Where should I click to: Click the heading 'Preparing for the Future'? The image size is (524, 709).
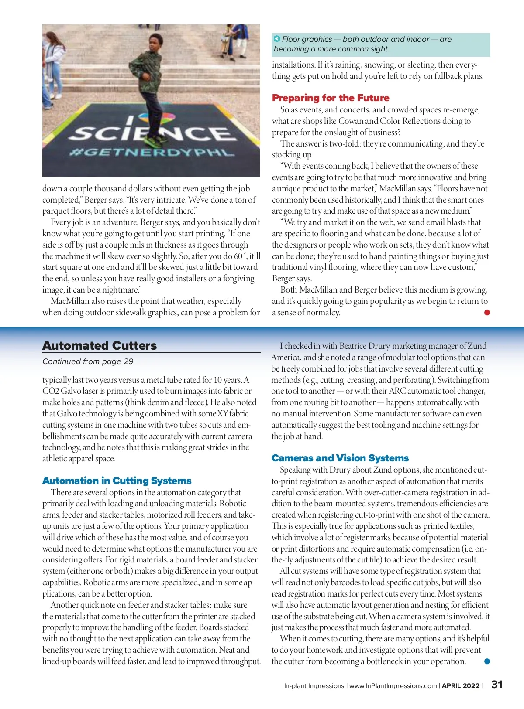(x=331, y=98)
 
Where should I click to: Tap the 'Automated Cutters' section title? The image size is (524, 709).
(x=100, y=346)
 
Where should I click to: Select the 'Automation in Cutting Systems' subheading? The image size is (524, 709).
(x=117, y=481)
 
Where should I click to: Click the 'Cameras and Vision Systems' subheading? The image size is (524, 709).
(x=340, y=458)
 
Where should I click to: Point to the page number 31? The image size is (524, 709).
(x=497, y=685)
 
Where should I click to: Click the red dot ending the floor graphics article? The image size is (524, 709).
(x=487, y=312)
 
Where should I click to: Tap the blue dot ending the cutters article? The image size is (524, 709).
(x=487, y=661)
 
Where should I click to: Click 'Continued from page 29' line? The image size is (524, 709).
(x=88, y=361)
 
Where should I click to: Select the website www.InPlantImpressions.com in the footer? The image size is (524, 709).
(x=393, y=686)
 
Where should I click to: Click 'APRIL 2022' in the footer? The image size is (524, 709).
(x=461, y=686)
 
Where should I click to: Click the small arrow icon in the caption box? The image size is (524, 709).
(x=277, y=39)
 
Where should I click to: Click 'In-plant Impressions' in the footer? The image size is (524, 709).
(x=314, y=686)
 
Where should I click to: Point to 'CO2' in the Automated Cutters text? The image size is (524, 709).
(x=50, y=391)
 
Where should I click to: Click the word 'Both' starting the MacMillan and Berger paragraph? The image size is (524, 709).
(x=289, y=290)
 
